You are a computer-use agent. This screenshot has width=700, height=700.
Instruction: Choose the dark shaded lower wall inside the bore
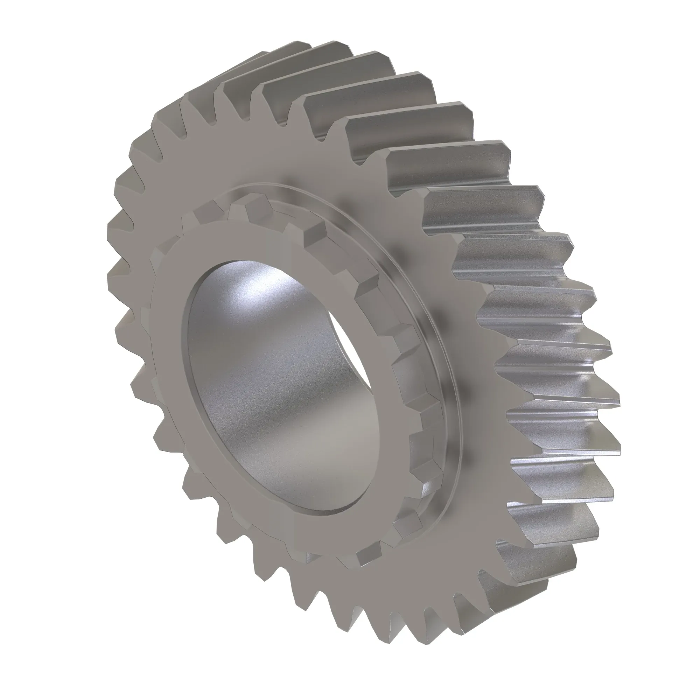click(x=290, y=453)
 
